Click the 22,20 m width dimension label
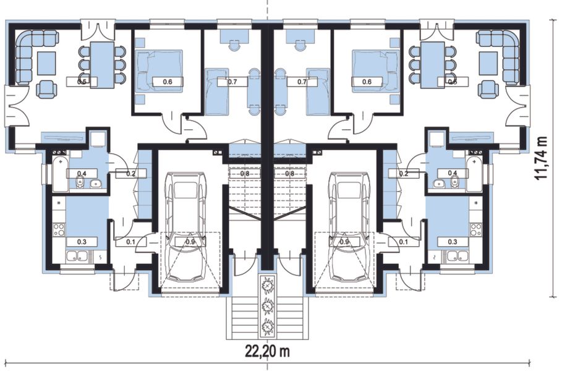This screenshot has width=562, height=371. coord(267,352)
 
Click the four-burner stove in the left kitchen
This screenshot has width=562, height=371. coord(59,229)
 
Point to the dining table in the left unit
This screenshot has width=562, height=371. coord(102,64)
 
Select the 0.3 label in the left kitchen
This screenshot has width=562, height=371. coord(81,242)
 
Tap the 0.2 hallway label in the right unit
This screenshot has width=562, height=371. coord(404,174)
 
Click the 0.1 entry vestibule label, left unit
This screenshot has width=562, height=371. coord(130,242)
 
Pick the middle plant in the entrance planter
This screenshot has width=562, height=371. coord(268,305)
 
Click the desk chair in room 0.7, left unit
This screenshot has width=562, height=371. coord(234,45)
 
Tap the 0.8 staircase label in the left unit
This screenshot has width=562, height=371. coord(245,174)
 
